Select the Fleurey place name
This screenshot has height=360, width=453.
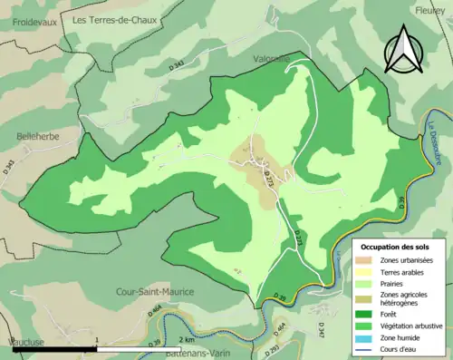click(429, 11)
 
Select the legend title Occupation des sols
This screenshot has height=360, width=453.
click(396, 246)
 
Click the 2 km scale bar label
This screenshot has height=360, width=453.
click(186, 339)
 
